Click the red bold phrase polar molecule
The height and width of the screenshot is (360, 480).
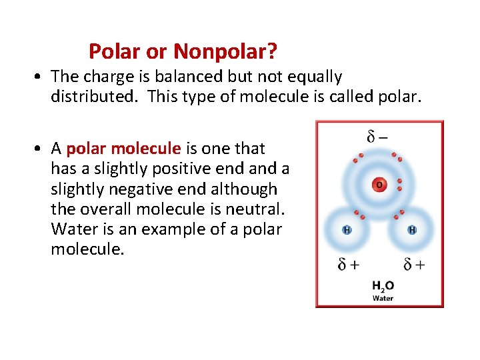pyautogui.click(x=124, y=148)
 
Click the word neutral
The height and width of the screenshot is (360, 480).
pyautogui.click(x=257, y=209)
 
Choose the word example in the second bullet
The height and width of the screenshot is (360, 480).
pyautogui.click(x=179, y=229)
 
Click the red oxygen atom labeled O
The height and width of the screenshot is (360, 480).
pyautogui.click(x=379, y=183)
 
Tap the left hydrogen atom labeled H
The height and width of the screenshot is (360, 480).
pyautogui.click(x=346, y=229)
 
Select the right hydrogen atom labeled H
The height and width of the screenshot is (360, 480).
pyautogui.click(x=412, y=229)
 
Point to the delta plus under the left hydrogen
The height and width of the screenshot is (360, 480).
pyautogui.click(x=348, y=264)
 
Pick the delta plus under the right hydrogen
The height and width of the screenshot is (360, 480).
pyautogui.click(x=413, y=264)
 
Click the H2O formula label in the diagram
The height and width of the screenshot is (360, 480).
pyautogui.click(x=383, y=286)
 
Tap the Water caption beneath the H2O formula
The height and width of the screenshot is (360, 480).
pyautogui.click(x=383, y=298)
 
